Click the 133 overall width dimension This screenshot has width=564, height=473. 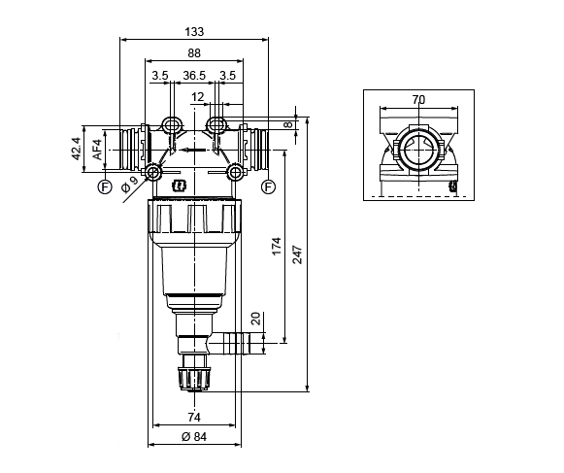pyautogui.click(x=193, y=31)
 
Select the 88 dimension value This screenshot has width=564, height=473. pyautogui.click(x=194, y=53)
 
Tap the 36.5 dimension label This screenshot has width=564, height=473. pyautogui.click(x=193, y=75)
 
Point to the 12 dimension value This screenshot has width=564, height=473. pyautogui.click(x=198, y=97)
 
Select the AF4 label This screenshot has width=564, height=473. pyautogui.click(x=96, y=149)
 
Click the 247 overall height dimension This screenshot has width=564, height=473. pyautogui.click(x=300, y=254)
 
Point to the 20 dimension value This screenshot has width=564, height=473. pyautogui.click(x=255, y=319)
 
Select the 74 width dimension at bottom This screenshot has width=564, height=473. pyautogui.click(x=194, y=418)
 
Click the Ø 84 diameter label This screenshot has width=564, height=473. pyautogui.click(x=194, y=439)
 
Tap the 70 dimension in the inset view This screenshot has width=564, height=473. pyautogui.click(x=418, y=99)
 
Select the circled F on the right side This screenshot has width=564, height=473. pyautogui.click(x=268, y=186)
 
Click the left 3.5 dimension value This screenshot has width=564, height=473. pyautogui.click(x=160, y=75)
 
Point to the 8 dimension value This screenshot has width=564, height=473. pyautogui.click(x=287, y=124)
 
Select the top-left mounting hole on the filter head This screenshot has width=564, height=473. pyautogui.click(x=172, y=125)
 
